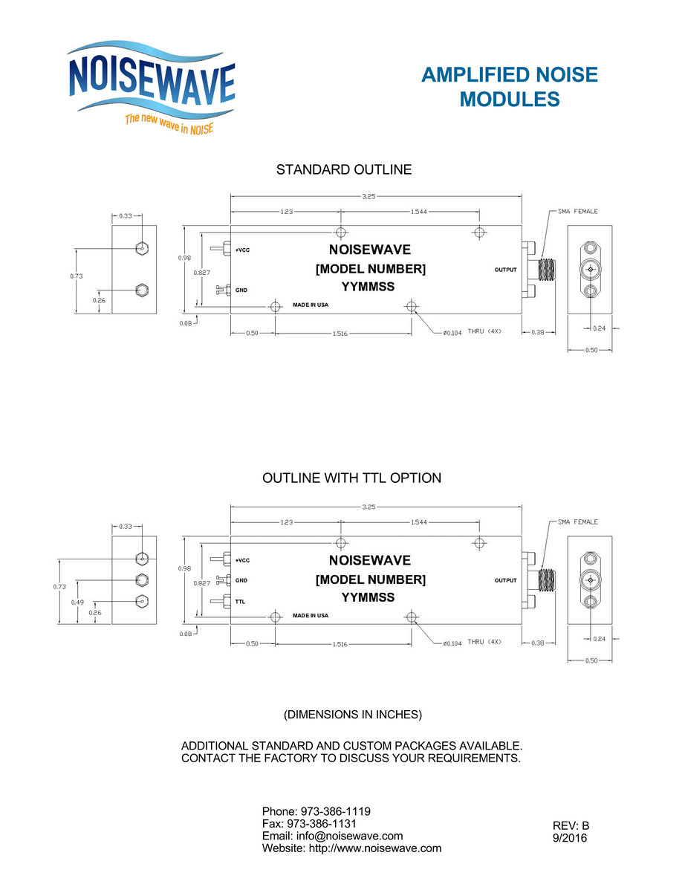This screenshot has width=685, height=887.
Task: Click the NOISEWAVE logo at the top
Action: (x=152, y=88)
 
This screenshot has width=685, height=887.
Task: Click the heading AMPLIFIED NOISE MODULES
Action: (x=510, y=87)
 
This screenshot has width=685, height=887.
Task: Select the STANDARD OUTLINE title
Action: (x=344, y=169)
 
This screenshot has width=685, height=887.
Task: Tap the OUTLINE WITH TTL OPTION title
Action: (x=352, y=478)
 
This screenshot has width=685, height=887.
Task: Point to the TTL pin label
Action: (x=241, y=601)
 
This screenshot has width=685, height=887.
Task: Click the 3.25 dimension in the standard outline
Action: (x=369, y=196)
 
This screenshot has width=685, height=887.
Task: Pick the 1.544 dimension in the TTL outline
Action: (x=419, y=522)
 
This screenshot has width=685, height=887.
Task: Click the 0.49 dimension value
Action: (x=77, y=602)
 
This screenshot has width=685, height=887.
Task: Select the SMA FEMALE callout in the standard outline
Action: (x=577, y=212)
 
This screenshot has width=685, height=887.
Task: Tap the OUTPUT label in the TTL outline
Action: (x=506, y=580)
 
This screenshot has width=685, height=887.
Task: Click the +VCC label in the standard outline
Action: (x=243, y=250)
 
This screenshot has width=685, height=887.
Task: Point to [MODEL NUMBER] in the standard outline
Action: (x=371, y=269)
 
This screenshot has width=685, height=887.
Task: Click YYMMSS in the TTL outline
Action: (x=369, y=597)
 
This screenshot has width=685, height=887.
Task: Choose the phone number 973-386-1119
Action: (x=335, y=811)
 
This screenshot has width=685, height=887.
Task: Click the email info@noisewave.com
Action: (x=350, y=836)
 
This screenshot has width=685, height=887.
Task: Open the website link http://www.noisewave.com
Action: (x=375, y=848)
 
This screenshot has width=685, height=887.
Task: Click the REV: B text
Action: (x=571, y=826)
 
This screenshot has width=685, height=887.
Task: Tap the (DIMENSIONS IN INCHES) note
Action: (x=353, y=715)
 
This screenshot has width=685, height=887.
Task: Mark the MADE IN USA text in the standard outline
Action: (x=311, y=305)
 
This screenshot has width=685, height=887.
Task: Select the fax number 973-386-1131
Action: (x=322, y=824)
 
